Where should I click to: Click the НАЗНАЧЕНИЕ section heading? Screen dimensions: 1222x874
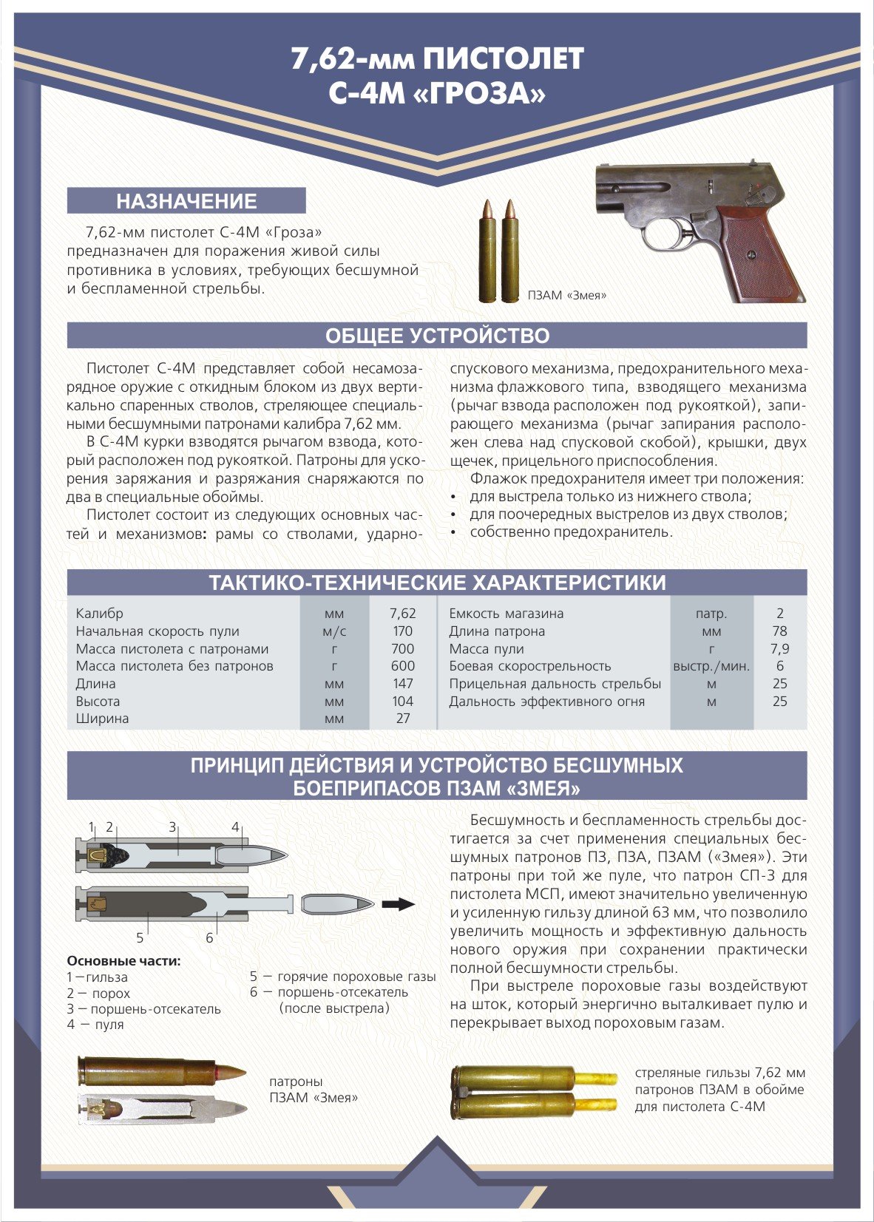[186, 201]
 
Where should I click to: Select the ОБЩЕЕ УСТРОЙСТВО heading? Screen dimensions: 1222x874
[437, 336]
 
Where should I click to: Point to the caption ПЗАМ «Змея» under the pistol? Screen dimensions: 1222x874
[567, 296]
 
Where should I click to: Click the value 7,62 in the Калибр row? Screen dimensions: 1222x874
[402, 614]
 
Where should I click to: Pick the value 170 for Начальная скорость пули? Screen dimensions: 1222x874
[402, 631]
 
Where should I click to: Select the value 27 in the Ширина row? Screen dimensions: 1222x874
[402, 719]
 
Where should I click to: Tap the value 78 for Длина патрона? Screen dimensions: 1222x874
[779, 631]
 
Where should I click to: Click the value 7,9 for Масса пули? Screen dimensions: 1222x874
[779, 649]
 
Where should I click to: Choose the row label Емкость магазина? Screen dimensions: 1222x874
[506, 614]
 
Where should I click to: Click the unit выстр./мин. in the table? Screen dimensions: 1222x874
[711, 666]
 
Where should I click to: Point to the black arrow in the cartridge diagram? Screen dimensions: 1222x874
[397, 903]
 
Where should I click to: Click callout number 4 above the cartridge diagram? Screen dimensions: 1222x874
[235, 827]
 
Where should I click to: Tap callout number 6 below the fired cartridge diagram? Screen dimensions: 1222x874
[209, 937]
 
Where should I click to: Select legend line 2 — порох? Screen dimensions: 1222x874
[98, 994]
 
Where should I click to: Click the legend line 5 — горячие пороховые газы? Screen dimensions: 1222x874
[342, 977]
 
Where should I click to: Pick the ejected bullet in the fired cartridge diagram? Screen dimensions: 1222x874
[338, 903]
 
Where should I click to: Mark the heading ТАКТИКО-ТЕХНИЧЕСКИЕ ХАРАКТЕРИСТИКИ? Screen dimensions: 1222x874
[437, 583]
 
